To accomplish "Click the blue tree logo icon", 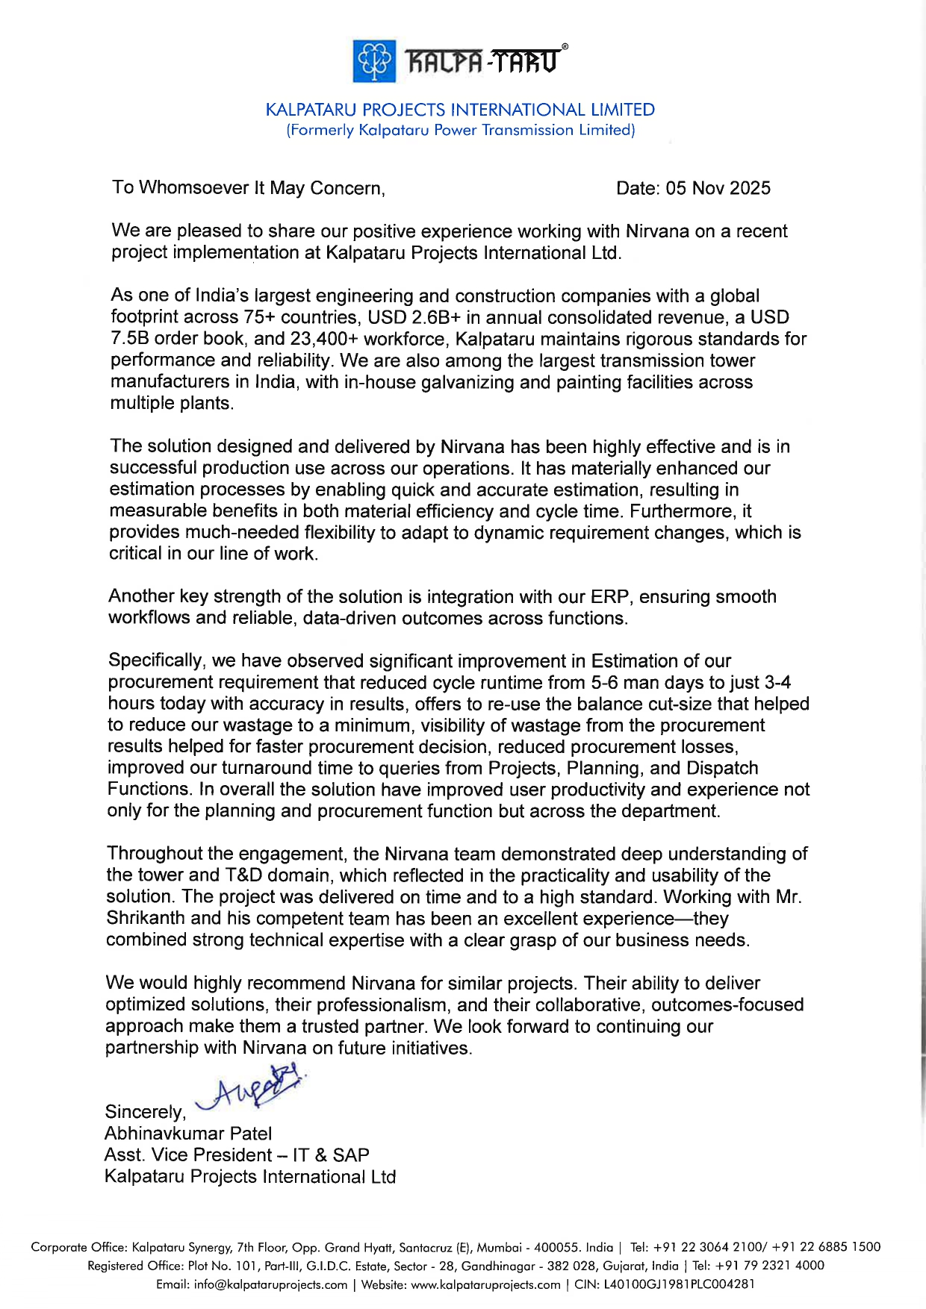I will (374, 61).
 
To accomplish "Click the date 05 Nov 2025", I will (718, 188).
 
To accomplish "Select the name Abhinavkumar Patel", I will (188, 1134).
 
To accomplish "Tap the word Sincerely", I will (145, 1112).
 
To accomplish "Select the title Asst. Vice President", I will (188, 1155).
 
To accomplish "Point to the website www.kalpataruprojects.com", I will (486, 1284).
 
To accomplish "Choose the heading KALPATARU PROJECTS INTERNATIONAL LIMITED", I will (460, 110).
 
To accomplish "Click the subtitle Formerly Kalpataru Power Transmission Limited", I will (461, 130).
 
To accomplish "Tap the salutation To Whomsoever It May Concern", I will (249, 187).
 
